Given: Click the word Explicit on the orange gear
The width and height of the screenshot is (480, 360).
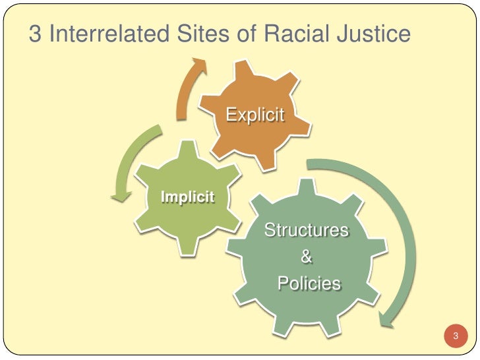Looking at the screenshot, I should click(x=255, y=115).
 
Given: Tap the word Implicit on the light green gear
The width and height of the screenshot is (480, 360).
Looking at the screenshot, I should click(x=188, y=196).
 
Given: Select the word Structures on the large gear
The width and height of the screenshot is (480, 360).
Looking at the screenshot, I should click(x=306, y=231).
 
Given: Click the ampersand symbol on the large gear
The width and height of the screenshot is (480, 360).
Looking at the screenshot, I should click(x=307, y=257).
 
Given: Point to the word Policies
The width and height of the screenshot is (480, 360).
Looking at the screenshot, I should click(x=309, y=284).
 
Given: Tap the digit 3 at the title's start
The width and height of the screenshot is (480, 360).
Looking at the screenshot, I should click(x=35, y=35).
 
